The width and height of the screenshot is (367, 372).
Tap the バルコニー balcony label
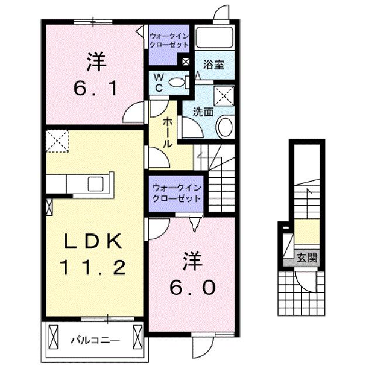tap(95, 339)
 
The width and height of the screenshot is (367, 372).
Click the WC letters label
tap(159, 82)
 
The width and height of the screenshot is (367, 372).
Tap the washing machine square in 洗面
tap(224, 95)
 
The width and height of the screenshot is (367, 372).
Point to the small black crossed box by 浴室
tap(186, 60)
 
